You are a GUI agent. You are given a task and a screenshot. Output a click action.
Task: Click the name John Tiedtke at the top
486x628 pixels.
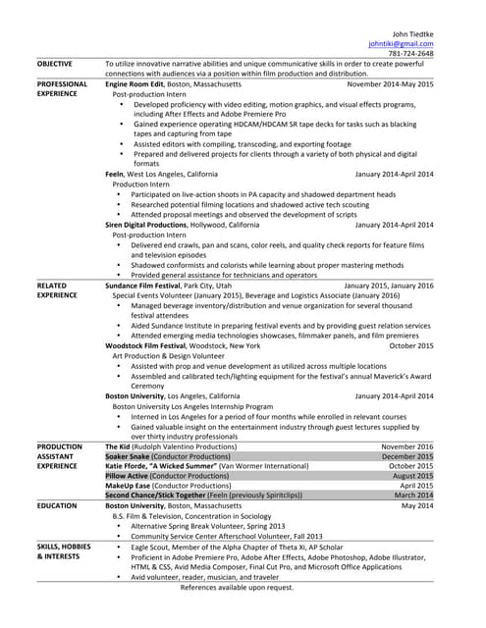click(412, 33)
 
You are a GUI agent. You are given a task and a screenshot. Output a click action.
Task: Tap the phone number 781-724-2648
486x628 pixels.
click(411, 54)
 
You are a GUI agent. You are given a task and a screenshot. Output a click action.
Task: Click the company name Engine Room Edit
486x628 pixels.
click(135, 84)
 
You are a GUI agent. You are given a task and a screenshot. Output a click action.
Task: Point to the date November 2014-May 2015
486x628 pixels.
click(390, 84)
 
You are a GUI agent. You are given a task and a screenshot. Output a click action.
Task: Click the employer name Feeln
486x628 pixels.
click(114, 174)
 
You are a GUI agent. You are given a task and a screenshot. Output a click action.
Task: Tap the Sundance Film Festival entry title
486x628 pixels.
click(151, 286)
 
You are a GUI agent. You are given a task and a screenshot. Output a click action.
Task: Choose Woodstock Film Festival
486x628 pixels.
click(154, 345)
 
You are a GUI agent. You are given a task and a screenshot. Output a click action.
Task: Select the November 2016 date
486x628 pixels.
click(406, 446)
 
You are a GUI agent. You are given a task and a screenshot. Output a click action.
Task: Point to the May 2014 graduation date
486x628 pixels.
click(416, 505)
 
